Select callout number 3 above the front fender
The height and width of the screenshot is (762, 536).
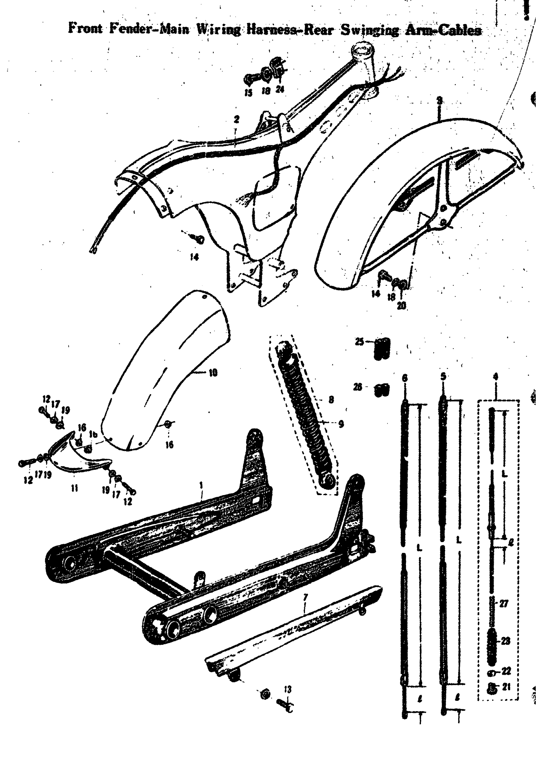point(440,101)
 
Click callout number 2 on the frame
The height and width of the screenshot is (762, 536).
point(236,119)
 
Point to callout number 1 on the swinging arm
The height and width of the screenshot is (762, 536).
point(201,486)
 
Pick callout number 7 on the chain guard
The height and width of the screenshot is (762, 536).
point(306,598)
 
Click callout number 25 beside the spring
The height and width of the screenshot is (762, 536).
point(359,341)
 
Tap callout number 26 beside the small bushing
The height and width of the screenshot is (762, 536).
point(358,387)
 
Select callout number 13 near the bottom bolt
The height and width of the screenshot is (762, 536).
point(288,690)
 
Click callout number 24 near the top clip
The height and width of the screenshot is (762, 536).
point(280,89)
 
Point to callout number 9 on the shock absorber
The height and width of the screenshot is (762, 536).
point(341,424)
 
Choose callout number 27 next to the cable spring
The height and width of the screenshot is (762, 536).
point(504,604)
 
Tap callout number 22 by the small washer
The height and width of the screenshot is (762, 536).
point(506,671)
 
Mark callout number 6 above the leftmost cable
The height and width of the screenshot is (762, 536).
point(404,378)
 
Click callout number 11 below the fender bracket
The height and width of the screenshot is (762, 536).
point(74,488)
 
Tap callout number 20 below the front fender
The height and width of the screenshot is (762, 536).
point(401,306)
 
